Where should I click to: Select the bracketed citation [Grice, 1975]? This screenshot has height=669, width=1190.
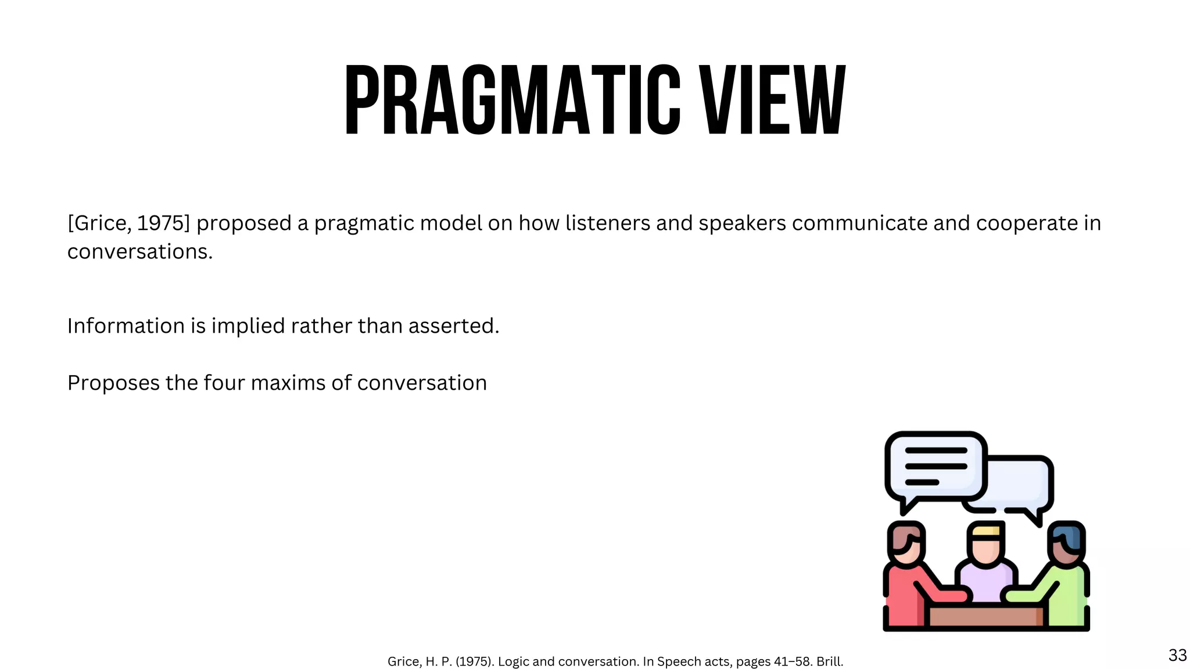coord(128,223)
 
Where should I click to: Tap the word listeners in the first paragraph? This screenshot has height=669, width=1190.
coord(608,223)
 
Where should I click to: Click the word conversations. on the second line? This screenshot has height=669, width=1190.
coord(140,251)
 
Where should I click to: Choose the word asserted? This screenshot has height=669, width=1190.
coord(454,326)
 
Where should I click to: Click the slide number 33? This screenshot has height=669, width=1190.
coord(1177,655)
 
